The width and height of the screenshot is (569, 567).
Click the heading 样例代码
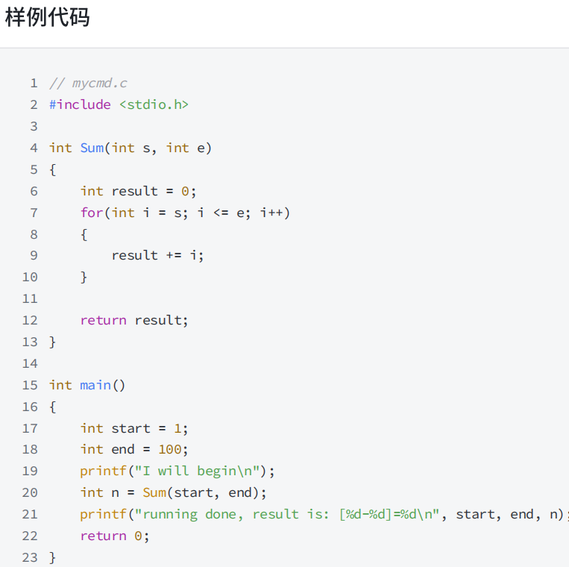(x=47, y=18)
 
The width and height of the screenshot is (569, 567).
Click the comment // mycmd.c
(x=88, y=83)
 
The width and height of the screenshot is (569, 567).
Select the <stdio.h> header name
(x=154, y=104)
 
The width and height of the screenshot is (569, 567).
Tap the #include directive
(x=80, y=104)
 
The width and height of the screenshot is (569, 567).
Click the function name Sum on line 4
(x=92, y=148)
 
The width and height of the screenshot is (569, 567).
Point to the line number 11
(x=29, y=298)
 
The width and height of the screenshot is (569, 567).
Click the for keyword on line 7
(x=92, y=213)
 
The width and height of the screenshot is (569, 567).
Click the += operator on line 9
(x=174, y=255)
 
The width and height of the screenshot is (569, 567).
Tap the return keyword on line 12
(x=103, y=320)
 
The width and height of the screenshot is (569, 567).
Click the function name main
(x=95, y=385)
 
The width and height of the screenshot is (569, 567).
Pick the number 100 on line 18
(x=169, y=449)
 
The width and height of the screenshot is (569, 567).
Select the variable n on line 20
(x=116, y=492)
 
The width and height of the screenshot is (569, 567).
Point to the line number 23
(x=29, y=557)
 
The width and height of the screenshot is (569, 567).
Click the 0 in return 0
(x=138, y=536)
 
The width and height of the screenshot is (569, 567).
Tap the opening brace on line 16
(x=53, y=407)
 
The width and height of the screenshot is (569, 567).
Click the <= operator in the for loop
(x=221, y=213)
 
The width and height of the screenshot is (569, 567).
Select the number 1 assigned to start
(x=177, y=428)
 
